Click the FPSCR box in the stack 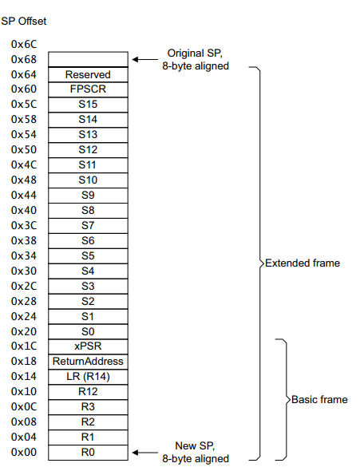point(88,89)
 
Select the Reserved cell point(88,74)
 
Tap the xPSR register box point(88,346)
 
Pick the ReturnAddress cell point(88,362)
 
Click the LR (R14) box point(88,377)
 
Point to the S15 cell point(88,105)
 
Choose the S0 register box point(88,331)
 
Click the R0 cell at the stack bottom point(88,453)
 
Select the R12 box point(88,392)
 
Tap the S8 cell point(88,211)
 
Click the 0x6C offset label point(24,45)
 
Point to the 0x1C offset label point(24,346)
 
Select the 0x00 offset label point(24,452)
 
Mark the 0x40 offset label point(24,210)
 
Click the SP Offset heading point(24,21)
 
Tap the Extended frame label point(303,263)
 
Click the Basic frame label point(319,399)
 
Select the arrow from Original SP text point(145,60)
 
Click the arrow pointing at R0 point(145,453)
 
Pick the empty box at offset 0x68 point(88,60)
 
